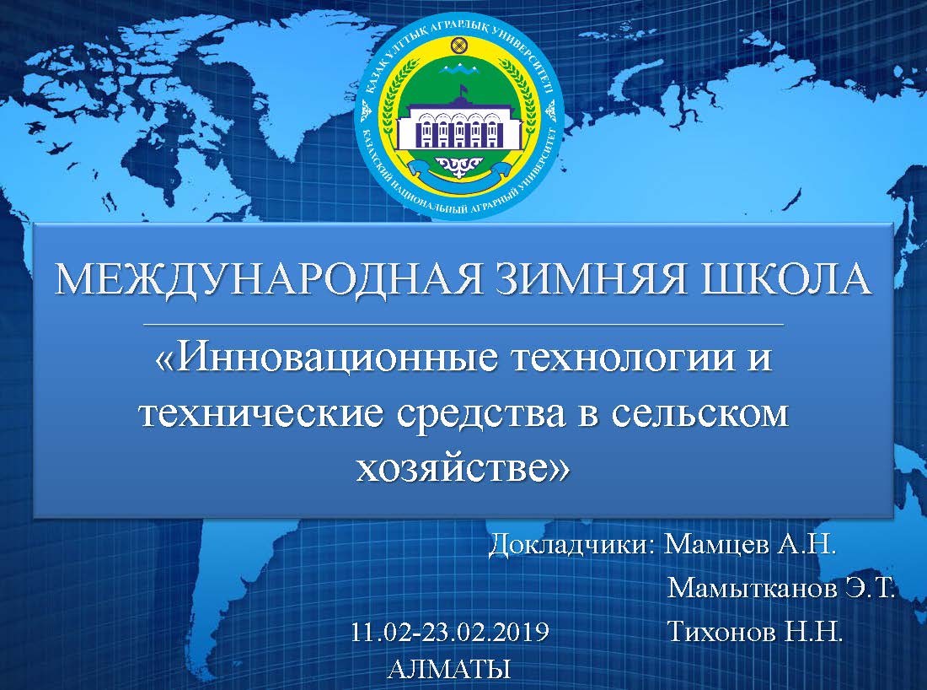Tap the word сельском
699,414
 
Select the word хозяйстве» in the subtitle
463,467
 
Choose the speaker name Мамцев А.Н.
750,544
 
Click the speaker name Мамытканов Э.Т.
780,588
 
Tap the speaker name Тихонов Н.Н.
754,632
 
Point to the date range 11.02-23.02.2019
450,632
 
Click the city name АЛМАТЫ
449,669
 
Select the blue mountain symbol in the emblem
458,70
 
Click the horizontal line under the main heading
463,324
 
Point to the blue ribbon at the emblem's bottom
458,173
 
